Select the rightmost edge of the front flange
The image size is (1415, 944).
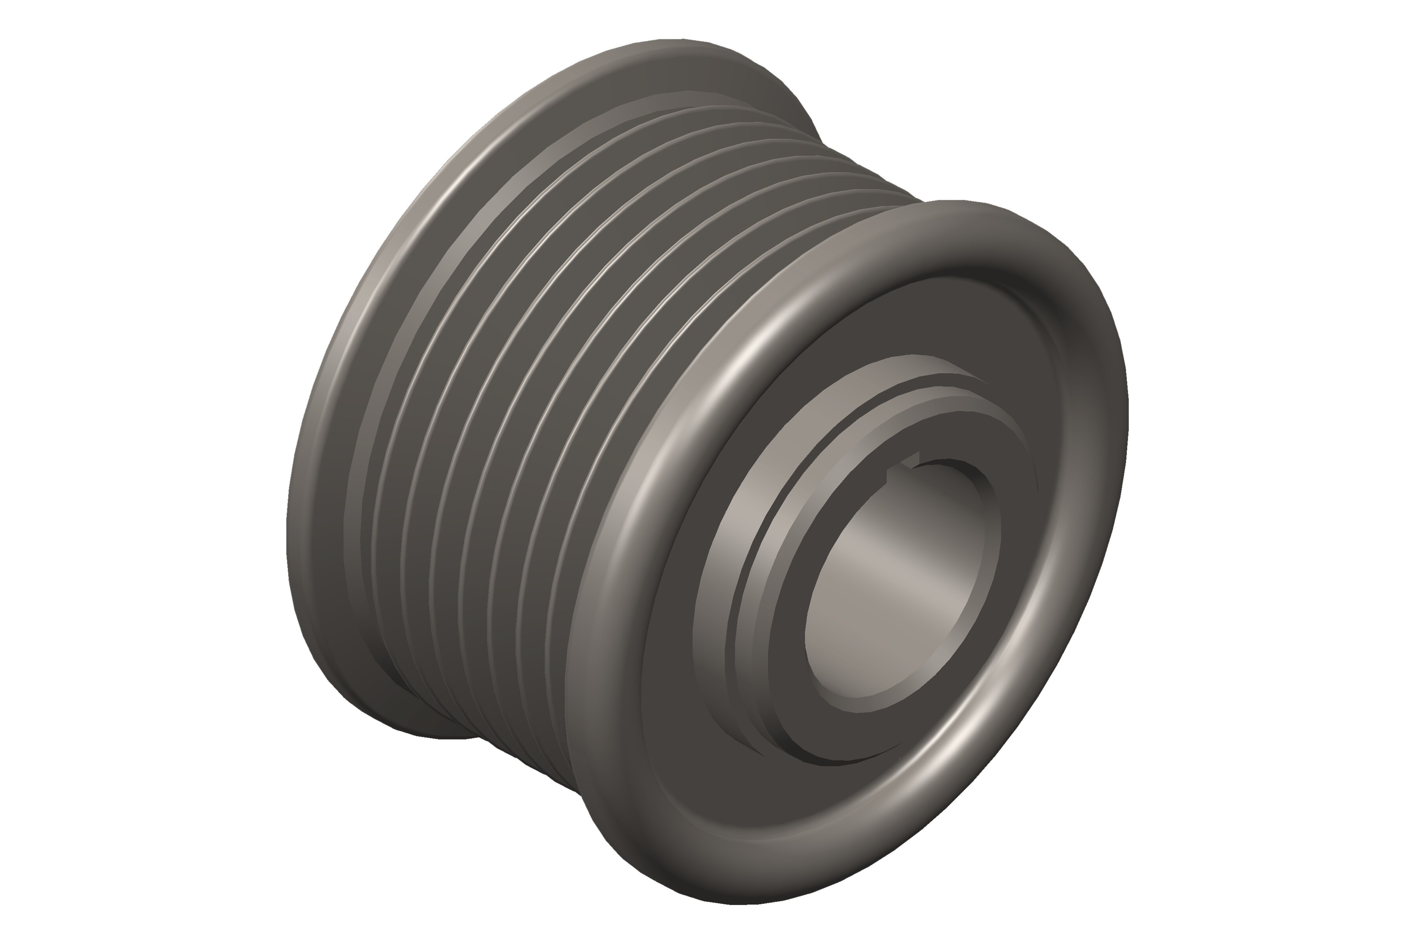pyautogui.click(x=1126, y=409)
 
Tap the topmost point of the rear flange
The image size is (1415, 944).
pyautogui.click(x=674, y=41)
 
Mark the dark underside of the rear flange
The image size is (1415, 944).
pyautogui.click(x=385, y=704)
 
